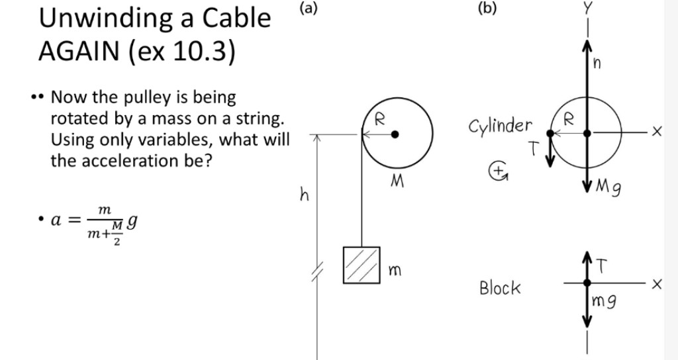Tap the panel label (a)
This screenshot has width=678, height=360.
point(308,9)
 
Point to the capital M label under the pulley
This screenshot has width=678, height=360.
point(398,181)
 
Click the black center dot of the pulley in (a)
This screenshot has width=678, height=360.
point(395,134)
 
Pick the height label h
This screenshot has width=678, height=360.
point(305,195)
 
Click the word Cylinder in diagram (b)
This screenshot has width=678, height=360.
point(501,125)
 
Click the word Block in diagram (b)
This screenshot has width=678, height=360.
point(500,288)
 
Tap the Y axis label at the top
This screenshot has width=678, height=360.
point(587,9)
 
